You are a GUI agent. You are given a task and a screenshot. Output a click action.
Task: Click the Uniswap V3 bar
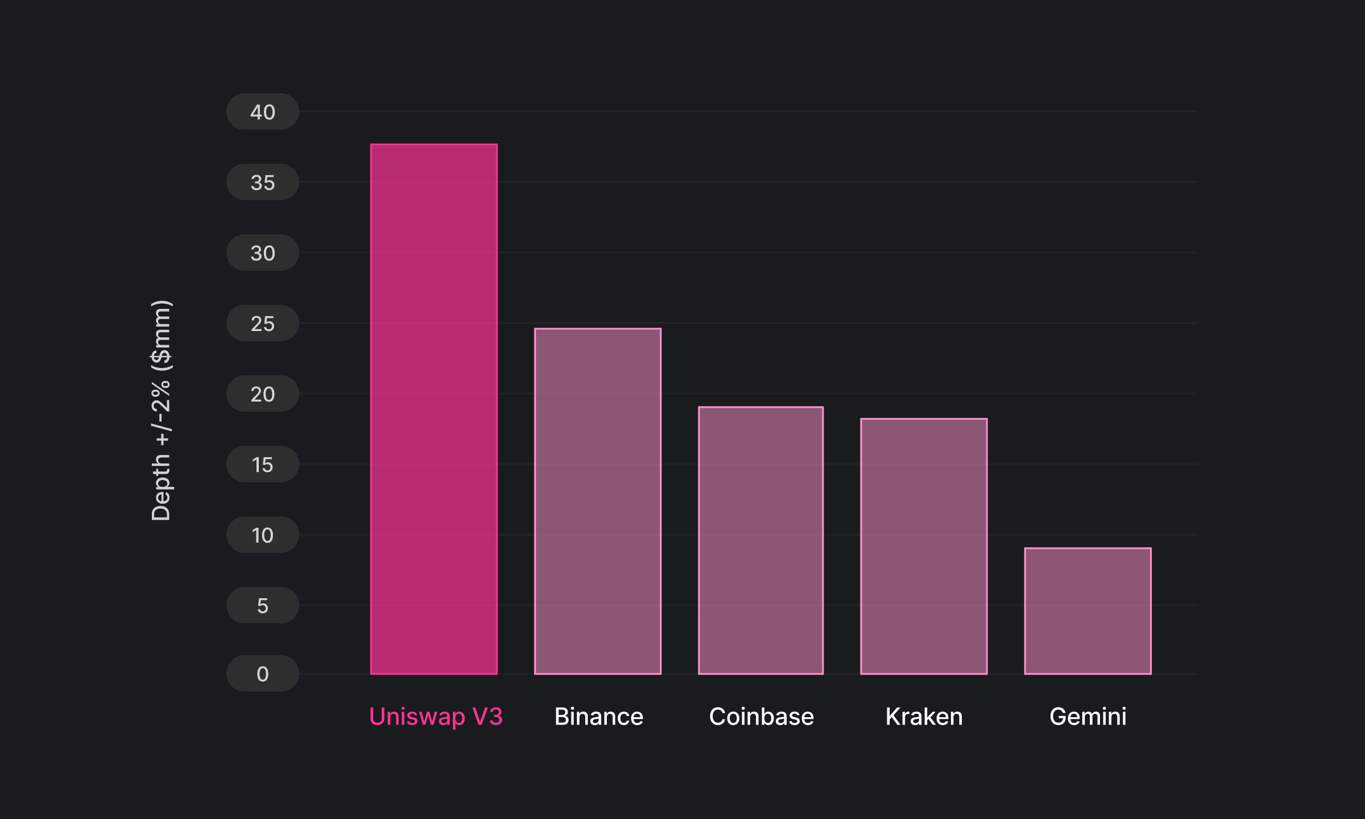click(433, 409)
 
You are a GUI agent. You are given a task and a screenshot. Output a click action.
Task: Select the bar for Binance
click(598, 501)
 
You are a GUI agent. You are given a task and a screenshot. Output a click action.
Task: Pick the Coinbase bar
click(761, 540)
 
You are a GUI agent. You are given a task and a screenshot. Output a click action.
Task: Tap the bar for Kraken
click(924, 546)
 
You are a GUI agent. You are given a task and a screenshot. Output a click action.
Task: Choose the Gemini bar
click(1087, 611)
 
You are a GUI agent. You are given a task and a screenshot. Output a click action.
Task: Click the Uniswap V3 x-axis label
click(436, 717)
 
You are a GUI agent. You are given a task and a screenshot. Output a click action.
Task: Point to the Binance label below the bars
click(598, 717)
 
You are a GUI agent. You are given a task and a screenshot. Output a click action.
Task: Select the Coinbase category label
click(761, 717)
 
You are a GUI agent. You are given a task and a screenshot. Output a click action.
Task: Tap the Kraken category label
click(924, 717)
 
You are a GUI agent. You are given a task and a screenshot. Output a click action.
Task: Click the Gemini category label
click(1087, 717)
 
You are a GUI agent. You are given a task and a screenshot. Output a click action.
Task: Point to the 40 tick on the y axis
click(263, 112)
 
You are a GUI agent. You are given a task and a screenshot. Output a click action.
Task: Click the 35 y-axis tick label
click(263, 183)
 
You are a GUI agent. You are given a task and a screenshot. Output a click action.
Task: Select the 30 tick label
click(263, 253)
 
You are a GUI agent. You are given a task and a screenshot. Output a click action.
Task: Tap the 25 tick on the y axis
click(263, 324)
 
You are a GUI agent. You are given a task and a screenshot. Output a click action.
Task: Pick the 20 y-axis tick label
click(263, 394)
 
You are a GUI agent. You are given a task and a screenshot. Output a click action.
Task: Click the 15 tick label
click(263, 465)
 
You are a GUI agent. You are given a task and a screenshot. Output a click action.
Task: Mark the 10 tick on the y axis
click(263, 535)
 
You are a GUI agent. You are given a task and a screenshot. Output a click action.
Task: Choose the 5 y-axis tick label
click(263, 606)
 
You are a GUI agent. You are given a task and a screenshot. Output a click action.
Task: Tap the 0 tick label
click(263, 674)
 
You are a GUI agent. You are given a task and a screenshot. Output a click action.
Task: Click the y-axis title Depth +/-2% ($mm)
click(161, 410)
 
